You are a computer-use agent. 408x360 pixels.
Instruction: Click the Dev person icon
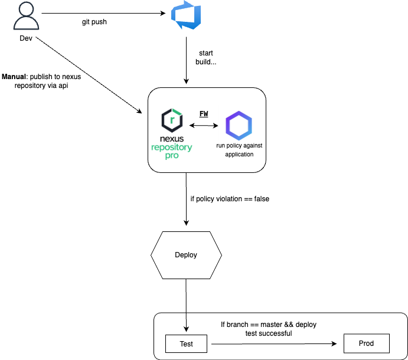[26, 18]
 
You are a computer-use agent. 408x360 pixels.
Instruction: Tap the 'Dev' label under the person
[26, 40]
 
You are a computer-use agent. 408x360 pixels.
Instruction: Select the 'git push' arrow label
[94, 22]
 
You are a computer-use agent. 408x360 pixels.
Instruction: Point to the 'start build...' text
[206, 57]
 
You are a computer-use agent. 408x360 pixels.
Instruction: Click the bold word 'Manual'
[14, 77]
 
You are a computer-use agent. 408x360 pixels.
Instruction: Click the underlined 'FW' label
[203, 113]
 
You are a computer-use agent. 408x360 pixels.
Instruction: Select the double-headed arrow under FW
[203, 126]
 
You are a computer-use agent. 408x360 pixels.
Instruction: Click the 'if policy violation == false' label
[230, 199]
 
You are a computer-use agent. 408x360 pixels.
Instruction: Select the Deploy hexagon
[186, 255]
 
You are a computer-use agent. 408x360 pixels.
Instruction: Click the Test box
[186, 343]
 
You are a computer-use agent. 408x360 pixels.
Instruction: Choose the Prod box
[366, 343]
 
